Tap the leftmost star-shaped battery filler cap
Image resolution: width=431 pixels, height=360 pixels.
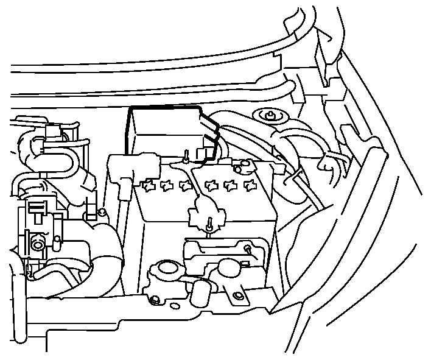[148, 185]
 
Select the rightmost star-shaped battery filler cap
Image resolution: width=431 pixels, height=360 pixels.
[248, 184]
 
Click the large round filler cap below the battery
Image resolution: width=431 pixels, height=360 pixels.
[165, 270]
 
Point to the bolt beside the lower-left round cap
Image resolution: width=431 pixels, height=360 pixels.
[155, 300]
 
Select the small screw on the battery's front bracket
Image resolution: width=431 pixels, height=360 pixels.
[248, 248]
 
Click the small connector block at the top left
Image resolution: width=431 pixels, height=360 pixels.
[54, 132]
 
